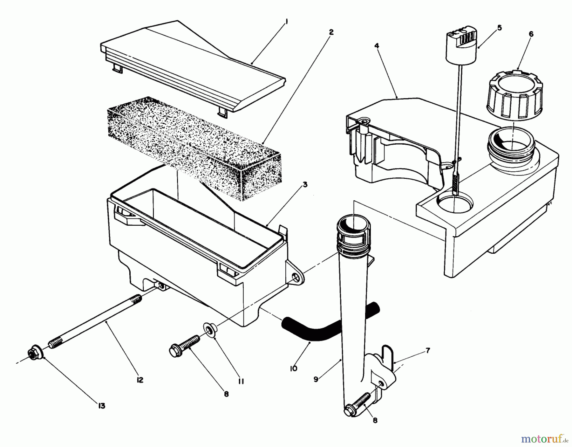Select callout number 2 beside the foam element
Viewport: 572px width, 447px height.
pos(331,32)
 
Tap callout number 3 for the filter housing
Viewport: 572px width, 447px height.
pos(305,185)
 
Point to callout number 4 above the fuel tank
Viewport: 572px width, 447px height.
pos(377,46)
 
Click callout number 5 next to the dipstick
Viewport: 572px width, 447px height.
pos(499,28)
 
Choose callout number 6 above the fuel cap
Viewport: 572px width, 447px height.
pos(531,34)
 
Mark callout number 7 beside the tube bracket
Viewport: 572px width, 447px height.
pos(428,351)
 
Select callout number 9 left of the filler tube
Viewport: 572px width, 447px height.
pos(316,379)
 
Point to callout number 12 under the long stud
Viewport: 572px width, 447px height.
pos(140,380)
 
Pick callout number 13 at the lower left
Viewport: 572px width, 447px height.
pos(101,406)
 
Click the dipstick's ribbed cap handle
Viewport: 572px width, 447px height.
pos(462,45)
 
